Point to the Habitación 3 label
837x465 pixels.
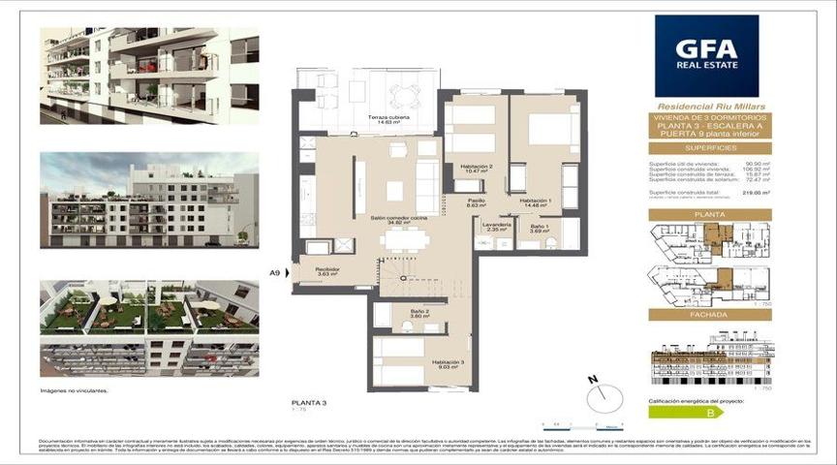(448, 363)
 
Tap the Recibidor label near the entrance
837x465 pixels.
(326, 271)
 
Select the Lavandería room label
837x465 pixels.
(496, 226)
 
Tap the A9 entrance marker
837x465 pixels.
(275, 274)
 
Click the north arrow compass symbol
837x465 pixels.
(602, 391)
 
